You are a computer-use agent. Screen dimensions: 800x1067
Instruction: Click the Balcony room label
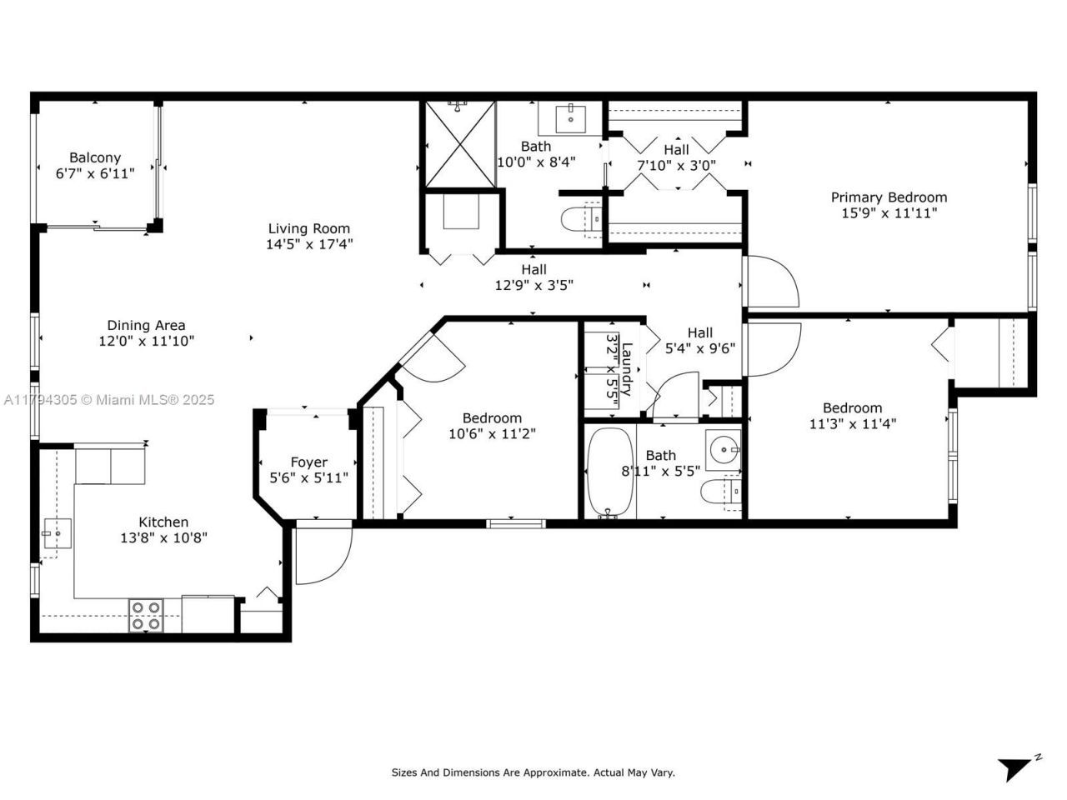(x=95, y=157)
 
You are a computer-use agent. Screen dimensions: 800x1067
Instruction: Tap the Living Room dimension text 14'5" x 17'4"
(x=308, y=244)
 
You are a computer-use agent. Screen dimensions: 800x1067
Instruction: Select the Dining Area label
(x=146, y=325)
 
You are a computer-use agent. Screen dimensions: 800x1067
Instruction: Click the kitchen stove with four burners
(x=146, y=616)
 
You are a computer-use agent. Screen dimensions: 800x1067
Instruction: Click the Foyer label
(x=308, y=462)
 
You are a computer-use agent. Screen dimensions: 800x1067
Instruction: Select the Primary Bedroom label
(x=889, y=197)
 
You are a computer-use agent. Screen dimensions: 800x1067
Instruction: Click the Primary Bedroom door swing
(x=772, y=282)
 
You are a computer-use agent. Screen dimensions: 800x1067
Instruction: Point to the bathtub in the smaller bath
(x=610, y=472)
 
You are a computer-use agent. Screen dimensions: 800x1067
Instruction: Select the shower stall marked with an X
(x=460, y=144)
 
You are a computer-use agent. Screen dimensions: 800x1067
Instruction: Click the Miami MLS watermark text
(x=108, y=400)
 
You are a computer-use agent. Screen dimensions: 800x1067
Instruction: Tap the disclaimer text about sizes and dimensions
(x=533, y=772)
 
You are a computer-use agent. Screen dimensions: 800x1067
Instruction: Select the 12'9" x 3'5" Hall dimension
(x=533, y=285)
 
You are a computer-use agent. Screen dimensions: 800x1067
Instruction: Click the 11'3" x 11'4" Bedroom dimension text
(x=852, y=423)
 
